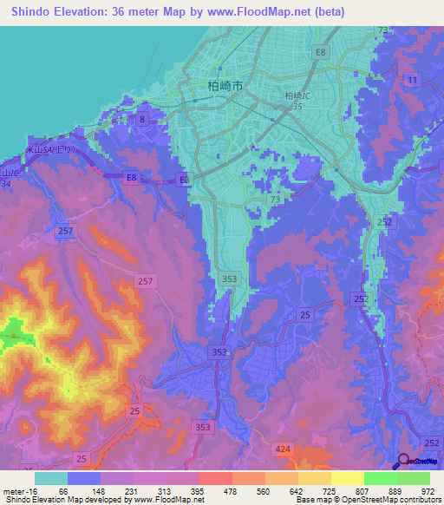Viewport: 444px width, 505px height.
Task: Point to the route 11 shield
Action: coord(412,80)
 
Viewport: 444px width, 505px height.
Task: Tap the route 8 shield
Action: coord(141,120)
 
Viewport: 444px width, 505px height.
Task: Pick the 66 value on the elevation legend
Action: coord(63,489)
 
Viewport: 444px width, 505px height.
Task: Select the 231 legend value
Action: coord(132,489)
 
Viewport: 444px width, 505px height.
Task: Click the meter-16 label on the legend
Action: coord(17,489)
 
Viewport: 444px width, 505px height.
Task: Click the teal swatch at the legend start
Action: coord(50,477)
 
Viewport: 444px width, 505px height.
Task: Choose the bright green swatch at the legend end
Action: coord(414,477)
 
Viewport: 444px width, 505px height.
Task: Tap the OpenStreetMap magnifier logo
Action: coord(402,462)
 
